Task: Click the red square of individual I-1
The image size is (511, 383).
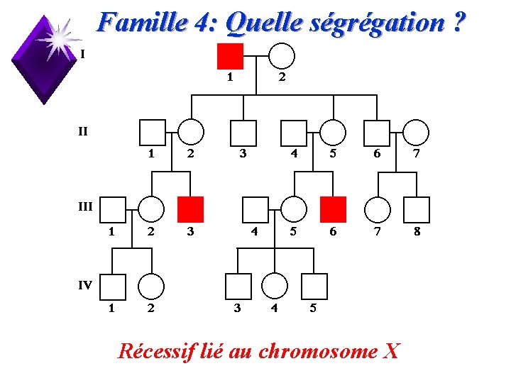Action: click(230, 56)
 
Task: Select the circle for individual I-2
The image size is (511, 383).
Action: click(281, 56)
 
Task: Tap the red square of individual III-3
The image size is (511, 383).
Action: click(190, 209)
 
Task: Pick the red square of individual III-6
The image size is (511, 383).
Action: click(333, 209)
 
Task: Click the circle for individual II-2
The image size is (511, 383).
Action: click(190, 133)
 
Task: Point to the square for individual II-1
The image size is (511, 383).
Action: click(152, 133)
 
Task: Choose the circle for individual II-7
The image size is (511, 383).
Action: click(417, 133)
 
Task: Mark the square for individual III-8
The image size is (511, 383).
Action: click(417, 209)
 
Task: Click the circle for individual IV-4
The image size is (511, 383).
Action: click(275, 286)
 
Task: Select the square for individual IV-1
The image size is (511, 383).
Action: click(113, 286)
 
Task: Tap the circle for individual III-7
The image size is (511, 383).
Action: click(378, 209)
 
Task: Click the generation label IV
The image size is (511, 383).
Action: click(84, 285)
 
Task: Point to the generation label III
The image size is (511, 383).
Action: click(84, 206)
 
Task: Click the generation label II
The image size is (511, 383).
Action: click(83, 131)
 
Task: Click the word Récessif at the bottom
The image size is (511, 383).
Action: click(155, 350)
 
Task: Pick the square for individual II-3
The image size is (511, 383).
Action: click(243, 133)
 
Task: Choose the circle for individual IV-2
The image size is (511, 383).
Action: click(150, 286)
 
